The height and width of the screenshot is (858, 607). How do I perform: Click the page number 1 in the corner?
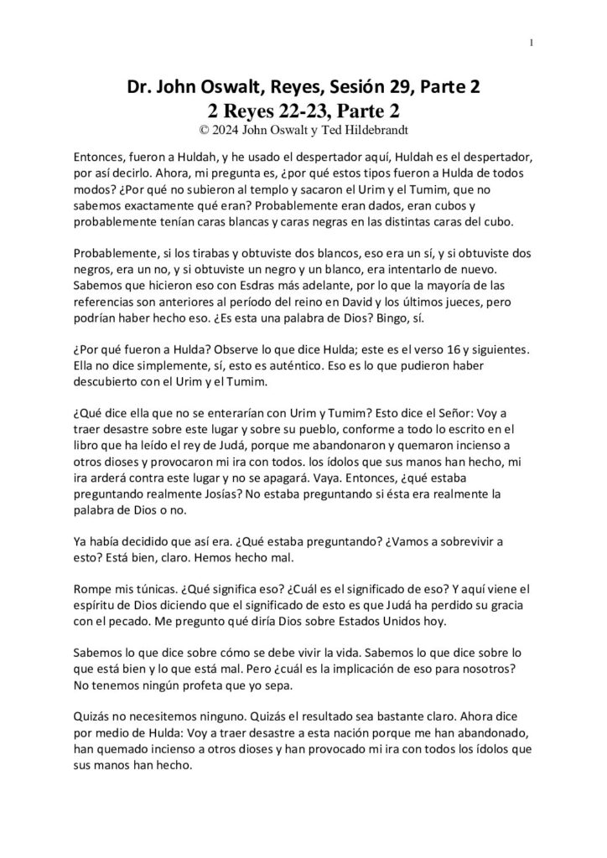pyautogui.click(x=532, y=44)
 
